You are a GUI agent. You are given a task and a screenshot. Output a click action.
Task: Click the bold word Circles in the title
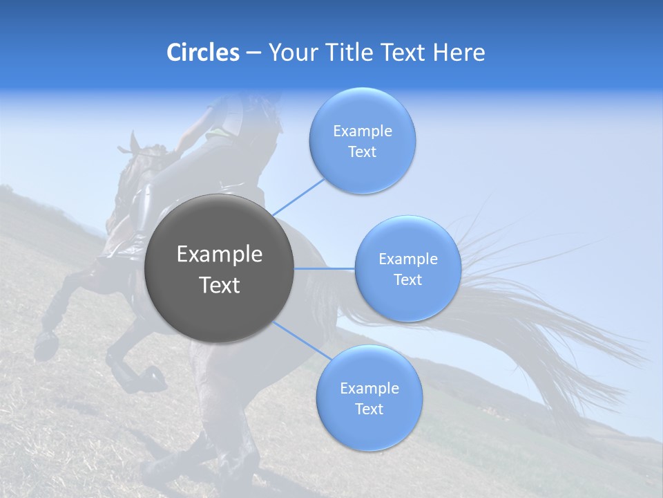point(202,52)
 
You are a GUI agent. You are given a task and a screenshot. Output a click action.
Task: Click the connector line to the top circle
point(298,197)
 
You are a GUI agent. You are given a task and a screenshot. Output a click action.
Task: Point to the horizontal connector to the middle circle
point(325,268)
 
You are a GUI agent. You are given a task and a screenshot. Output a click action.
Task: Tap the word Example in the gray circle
point(219,255)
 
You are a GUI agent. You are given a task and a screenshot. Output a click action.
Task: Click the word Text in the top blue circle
point(362,152)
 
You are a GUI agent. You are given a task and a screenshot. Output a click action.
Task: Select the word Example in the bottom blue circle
point(369,388)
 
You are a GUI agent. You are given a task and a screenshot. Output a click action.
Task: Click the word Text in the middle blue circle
point(407,279)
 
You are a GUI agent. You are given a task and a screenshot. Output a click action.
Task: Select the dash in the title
point(253,53)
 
